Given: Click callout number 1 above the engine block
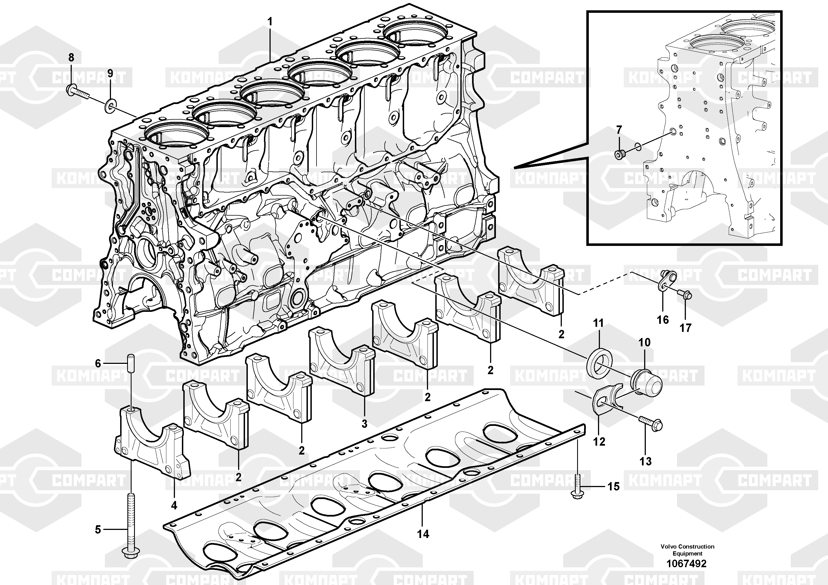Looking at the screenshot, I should pyautogui.click(x=270, y=22).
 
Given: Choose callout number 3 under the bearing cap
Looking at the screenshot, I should pyautogui.click(x=364, y=424).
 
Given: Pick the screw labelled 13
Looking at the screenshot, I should pyautogui.click(x=649, y=424).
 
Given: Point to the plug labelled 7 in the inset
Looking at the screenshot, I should pyautogui.click(x=619, y=155).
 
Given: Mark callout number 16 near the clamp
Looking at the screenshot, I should pyautogui.click(x=663, y=320).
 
